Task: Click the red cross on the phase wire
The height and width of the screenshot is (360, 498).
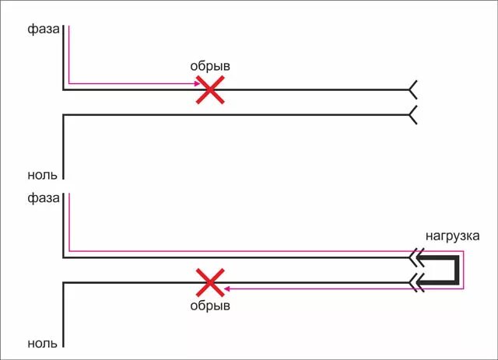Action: click(209, 89)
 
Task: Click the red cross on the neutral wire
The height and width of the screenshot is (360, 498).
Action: click(209, 283)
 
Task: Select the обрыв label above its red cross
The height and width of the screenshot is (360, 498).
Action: click(210, 67)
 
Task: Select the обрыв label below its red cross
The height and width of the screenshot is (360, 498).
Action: click(210, 306)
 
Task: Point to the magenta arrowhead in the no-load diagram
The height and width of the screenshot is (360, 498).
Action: click(195, 83)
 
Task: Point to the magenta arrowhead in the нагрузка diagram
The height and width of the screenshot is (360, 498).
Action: click(227, 289)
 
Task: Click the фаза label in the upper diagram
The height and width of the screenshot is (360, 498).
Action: click(43, 30)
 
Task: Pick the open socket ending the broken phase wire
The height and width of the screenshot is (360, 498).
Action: click(412, 89)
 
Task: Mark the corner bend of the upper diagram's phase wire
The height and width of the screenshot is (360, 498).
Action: click(63, 89)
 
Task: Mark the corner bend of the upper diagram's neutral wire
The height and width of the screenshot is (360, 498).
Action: click(63, 115)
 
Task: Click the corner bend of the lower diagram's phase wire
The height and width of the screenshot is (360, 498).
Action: click(63, 257)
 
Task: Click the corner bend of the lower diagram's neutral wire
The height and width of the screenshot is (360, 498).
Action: click(63, 283)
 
